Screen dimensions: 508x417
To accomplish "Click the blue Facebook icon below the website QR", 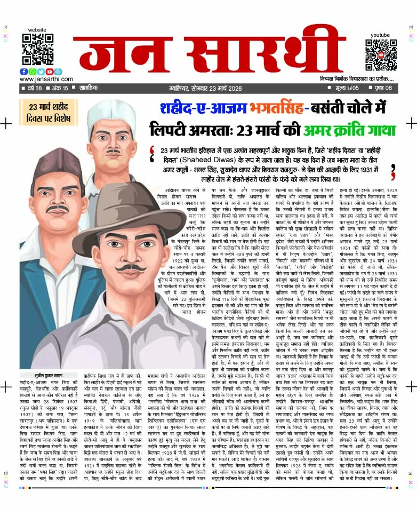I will point(24,72).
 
